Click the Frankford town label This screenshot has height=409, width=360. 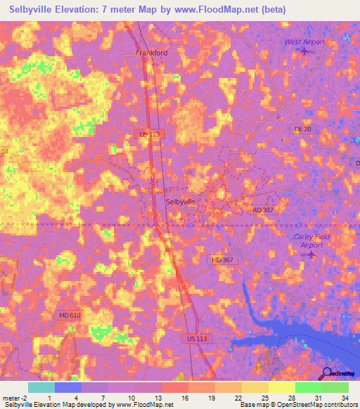coord(151,53)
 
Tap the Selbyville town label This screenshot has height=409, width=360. coord(180,201)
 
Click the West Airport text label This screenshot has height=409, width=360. coord(304,41)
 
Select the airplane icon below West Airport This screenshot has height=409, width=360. coord(304,51)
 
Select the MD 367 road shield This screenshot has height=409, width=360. coord(222,260)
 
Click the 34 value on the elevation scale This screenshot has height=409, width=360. coord(344,396)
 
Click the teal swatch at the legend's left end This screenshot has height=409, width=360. coord(41,387)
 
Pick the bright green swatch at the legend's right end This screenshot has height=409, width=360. coord(335,387)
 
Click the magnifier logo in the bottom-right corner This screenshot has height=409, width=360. coord(327,374)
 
